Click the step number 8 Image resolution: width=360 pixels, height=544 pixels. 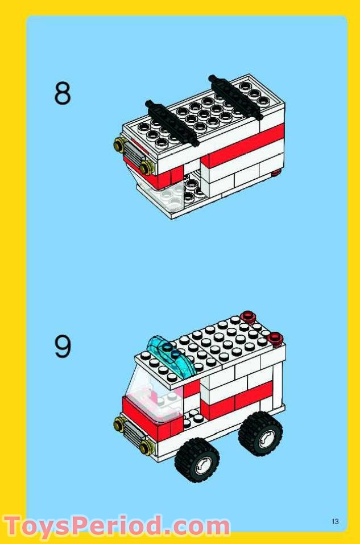(x=63, y=93)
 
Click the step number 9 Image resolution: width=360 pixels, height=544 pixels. (x=63, y=347)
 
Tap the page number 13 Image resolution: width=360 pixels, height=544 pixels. (x=335, y=521)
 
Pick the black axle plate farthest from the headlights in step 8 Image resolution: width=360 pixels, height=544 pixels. (x=236, y=94)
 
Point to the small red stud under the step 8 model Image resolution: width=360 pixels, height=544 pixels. (x=277, y=172)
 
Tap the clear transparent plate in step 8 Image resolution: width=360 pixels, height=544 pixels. (x=162, y=196)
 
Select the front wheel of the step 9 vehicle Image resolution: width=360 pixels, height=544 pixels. (x=197, y=460)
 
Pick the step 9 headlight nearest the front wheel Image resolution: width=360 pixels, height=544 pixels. (x=145, y=447)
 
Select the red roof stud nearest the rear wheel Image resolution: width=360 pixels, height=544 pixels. (x=276, y=339)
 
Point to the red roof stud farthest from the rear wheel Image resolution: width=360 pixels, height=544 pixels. (x=247, y=316)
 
